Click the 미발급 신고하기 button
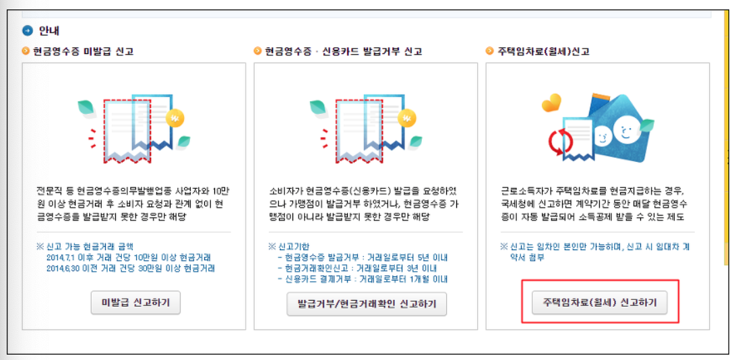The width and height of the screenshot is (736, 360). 135,304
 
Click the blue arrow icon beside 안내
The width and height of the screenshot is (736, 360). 27,30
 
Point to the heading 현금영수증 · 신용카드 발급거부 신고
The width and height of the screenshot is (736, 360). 343,51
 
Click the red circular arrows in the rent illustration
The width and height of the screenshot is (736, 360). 559,142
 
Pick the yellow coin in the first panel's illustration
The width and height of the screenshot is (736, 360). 176,119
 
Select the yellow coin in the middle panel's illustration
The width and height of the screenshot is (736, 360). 408,119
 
